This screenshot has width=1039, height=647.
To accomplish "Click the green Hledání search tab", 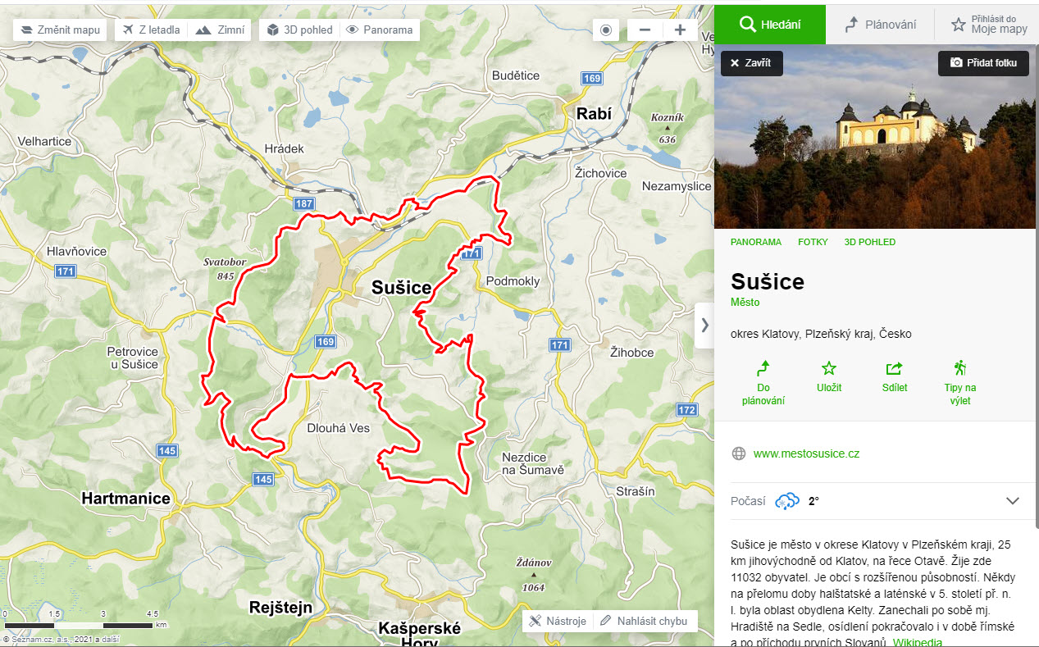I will click(x=769, y=25).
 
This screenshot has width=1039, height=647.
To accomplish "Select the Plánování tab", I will click(x=881, y=25).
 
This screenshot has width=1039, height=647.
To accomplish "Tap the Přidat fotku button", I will click(x=983, y=63).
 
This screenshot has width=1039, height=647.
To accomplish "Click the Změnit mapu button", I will click(x=61, y=30).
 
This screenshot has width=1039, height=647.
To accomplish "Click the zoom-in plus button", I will click(x=680, y=30).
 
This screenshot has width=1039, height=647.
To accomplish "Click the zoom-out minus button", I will click(x=645, y=30).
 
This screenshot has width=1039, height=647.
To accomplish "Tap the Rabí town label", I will click(x=594, y=114).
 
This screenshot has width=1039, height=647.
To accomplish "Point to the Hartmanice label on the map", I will click(x=125, y=498).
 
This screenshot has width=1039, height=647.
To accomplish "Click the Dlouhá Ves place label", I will click(x=338, y=428).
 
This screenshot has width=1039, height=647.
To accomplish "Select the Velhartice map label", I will click(x=44, y=141).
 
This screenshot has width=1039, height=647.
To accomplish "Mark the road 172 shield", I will click(x=686, y=409).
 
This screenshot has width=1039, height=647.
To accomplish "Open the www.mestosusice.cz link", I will click(x=806, y=453).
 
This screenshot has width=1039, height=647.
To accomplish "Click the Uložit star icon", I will click(x=829, y=368).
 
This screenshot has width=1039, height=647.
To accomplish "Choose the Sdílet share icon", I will click(x=894, y=368).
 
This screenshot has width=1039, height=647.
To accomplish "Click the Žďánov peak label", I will click(x=533, y=563).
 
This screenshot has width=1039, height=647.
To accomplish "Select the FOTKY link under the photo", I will click(x=813, y=242).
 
